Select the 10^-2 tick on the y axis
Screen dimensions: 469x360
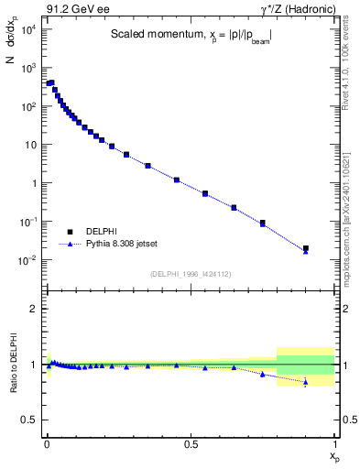pyautogui.click(x=29, y=260)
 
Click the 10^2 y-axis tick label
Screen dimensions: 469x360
pyautogui.click(x=29, y=106)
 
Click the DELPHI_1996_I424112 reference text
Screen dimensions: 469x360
pyautogui.click(x=191, y=274)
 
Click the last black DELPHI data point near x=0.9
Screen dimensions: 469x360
pyautogui.click(x=306, y=248)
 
